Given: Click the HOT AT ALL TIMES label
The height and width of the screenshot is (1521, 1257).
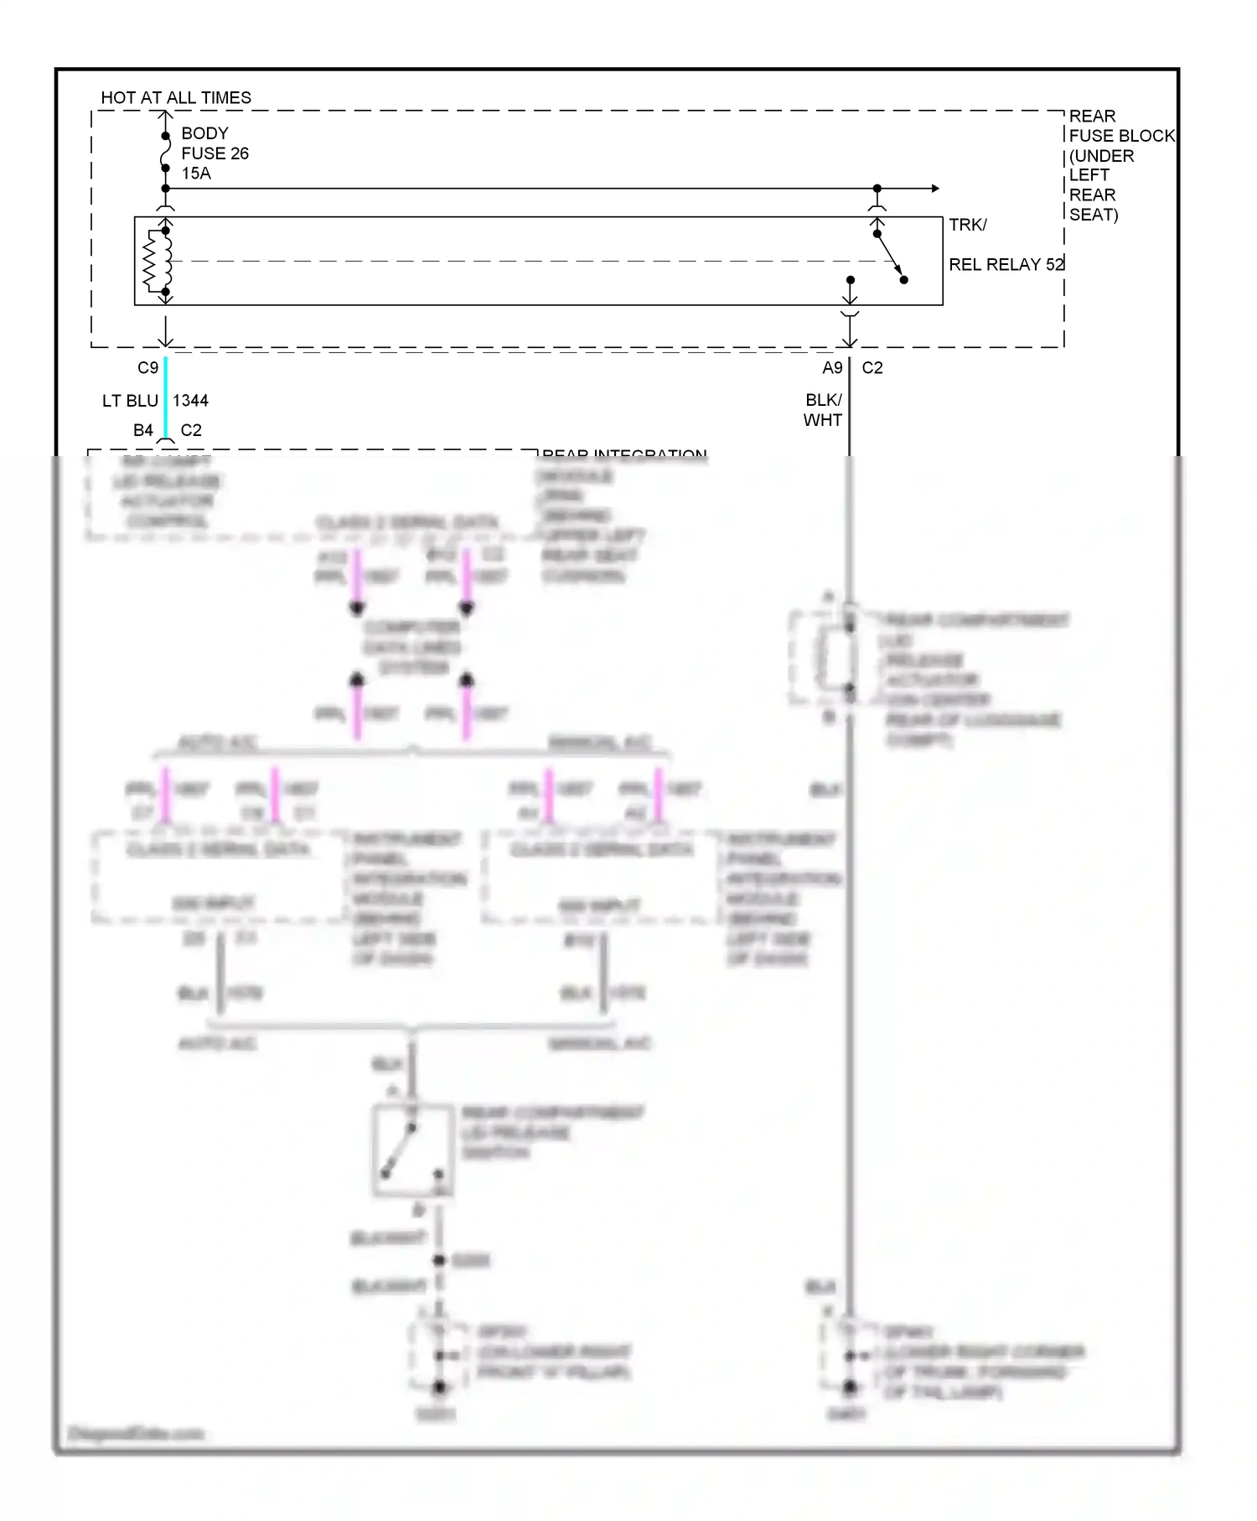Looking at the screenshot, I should [176, 98].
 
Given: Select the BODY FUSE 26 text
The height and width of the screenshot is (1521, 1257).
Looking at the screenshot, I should [215, 143].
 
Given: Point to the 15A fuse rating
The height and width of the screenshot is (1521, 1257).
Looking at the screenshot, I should [196, 174].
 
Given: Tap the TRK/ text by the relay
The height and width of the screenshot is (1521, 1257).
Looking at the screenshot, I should [968, 225].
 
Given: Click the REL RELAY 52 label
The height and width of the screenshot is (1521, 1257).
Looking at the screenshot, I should [1006, 265].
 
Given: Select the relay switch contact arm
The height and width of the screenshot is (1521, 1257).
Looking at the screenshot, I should [890, 257].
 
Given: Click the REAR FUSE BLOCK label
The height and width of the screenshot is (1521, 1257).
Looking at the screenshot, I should [1121, 126].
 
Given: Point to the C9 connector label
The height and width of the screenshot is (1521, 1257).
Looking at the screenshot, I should [147, 368].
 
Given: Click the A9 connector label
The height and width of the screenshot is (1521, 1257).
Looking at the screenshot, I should [831, 368].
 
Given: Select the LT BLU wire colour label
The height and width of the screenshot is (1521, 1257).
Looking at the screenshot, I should [130, 401].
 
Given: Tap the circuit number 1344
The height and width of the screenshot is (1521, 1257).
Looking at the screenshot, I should [190, 401].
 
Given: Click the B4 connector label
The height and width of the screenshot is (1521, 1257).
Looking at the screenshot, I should [143, 430].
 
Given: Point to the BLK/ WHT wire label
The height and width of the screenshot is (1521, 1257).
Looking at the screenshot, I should [823, 410].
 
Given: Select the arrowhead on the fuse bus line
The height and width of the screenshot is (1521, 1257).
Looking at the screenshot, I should [935, 189].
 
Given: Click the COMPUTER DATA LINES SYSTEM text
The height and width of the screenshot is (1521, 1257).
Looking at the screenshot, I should [411, 647].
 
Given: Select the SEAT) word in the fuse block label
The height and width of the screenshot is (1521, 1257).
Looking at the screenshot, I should [1094, 215].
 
